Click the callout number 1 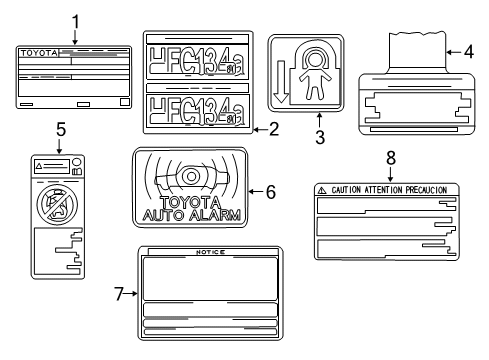(75, 20)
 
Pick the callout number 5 (59, 128)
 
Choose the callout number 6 (271, 191)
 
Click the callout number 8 (389, 157)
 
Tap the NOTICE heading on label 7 (209, 253)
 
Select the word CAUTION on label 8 (348, 189)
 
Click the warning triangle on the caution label (322, 189)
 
